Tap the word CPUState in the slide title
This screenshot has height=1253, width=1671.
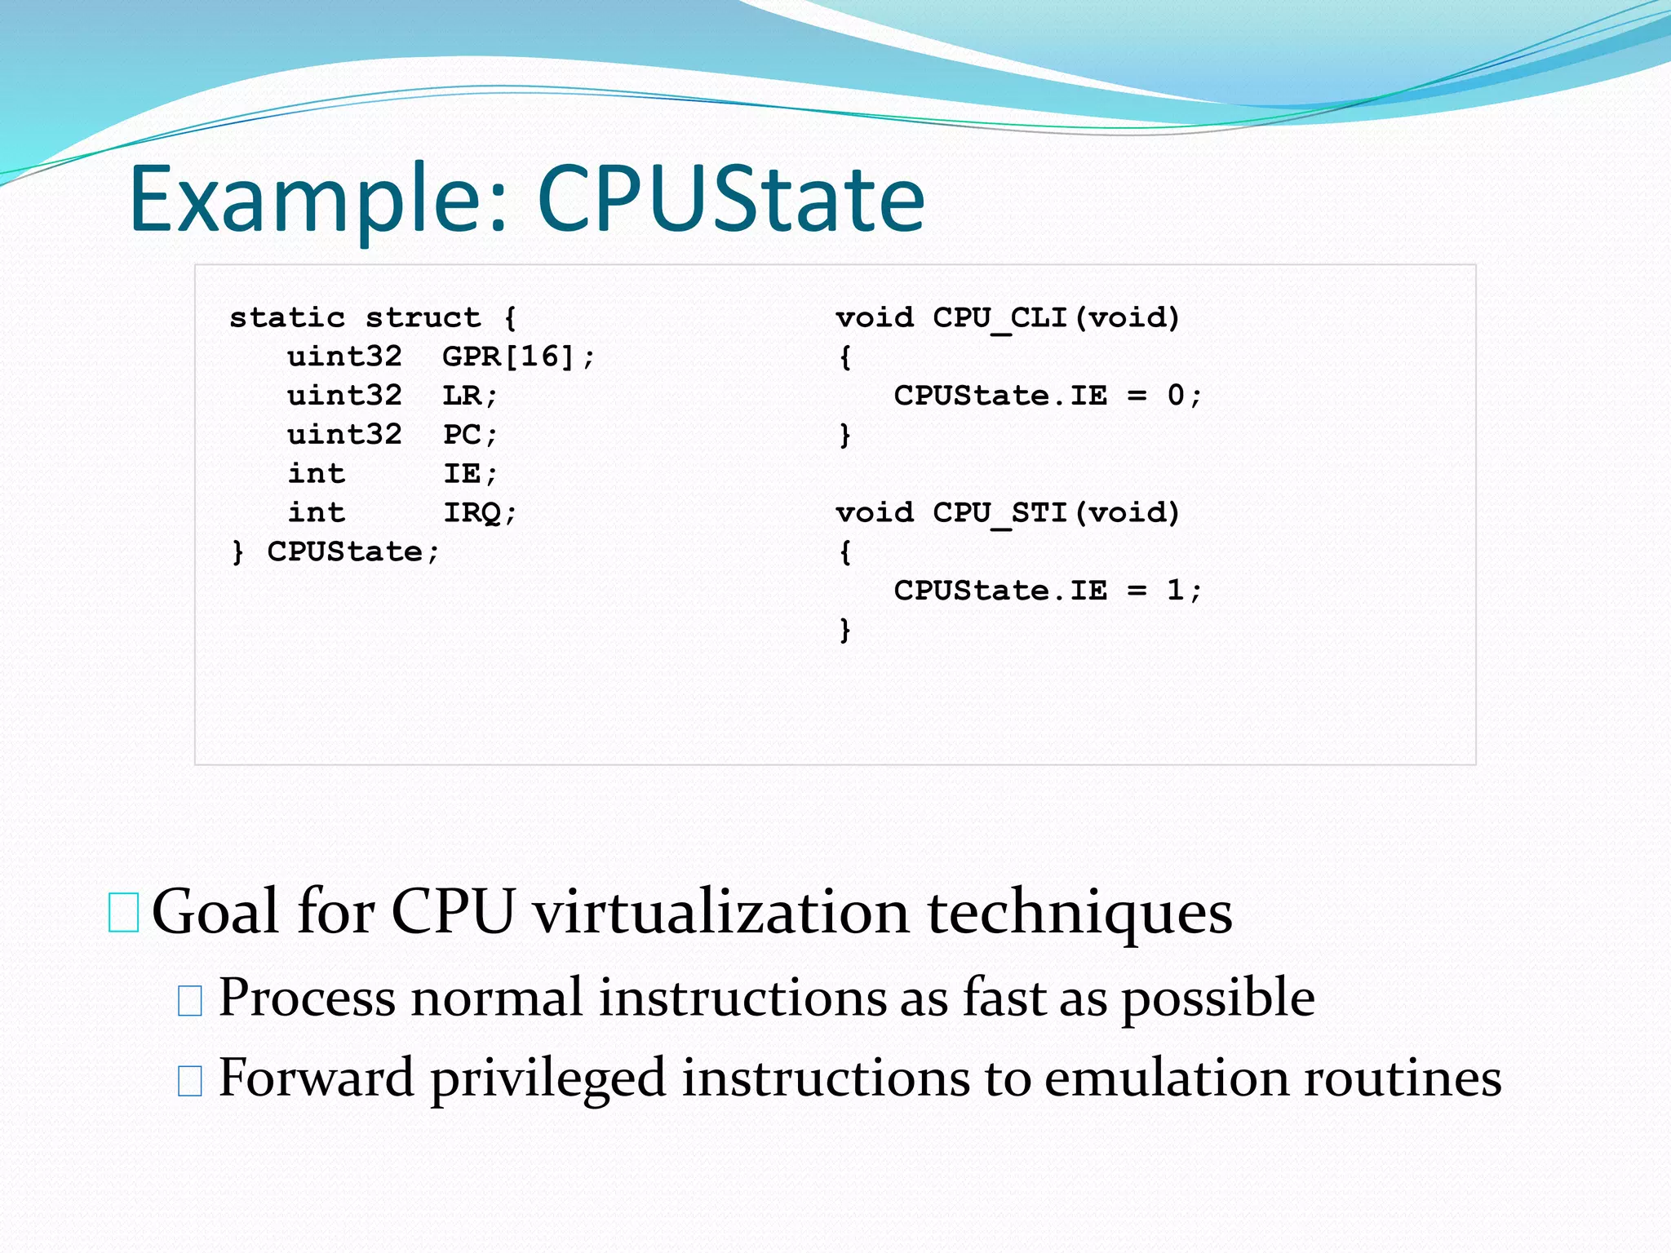tap(730, 198)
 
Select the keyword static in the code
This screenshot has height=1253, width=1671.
tap(287, 317)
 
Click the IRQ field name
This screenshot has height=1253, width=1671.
tap(472, 513)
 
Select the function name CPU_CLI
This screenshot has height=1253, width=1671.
tap(999, 317)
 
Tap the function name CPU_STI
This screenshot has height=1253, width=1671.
tap(999, 513)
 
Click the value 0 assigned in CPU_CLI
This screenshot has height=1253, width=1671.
tap(1175, 396)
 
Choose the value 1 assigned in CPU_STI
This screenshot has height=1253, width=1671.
tap(1175, 591)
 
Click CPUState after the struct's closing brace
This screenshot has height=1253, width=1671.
tap(345, 552)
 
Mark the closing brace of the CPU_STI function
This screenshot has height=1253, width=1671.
tap(845, 630)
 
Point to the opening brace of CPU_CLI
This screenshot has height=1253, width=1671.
tap(845, 357)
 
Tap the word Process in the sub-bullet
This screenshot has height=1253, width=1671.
tap(307, 998)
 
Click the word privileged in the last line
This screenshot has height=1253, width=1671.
tap(547, 1078)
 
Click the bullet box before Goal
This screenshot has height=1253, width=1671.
tap(123, 913)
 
